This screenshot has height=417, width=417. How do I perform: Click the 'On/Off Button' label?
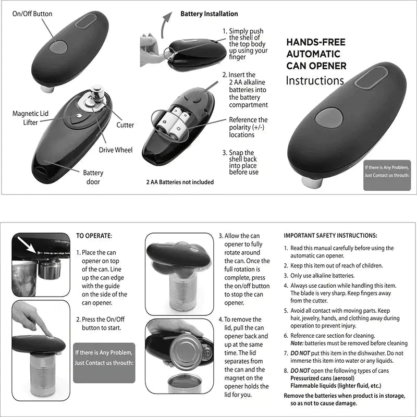(x=32, y=14)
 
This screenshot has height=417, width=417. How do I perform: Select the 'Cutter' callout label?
(x=125, y=125)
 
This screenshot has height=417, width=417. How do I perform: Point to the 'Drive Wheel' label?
(x=116, y=150)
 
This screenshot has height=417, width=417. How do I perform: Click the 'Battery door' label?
(x=93, y=177)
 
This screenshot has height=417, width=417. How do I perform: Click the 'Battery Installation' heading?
(x=209, y=14)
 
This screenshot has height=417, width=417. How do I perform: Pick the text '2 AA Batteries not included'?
(x=179, y=182)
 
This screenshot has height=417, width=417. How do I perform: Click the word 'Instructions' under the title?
(x=315, y=81)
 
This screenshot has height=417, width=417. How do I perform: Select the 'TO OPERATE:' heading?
(x=94, y=236)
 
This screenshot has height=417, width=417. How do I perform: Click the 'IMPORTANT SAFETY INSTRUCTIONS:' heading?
(x=330, y=236)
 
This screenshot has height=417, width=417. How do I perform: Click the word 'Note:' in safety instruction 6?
(x=297, y=344)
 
